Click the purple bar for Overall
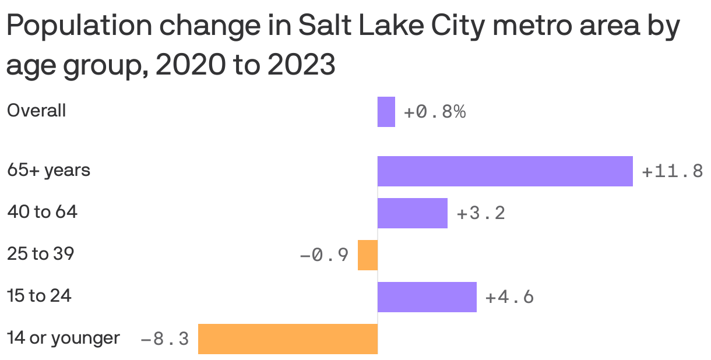click(386, 112)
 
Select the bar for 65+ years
click(505, 171)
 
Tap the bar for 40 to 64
click(413, 213)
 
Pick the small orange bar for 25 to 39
click(368, 255)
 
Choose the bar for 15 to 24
click(427, 297)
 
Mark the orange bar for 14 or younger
click(288, 339)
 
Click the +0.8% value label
click(435, 112)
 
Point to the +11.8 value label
click(673, 172)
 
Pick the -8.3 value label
click(165, 339)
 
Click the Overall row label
click(36, 111)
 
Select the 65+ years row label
click(48, 171)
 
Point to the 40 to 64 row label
click(42, 213)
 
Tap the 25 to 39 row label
click(40, 254)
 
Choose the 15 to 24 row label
click(39, 296)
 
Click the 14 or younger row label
click(63, 338)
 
